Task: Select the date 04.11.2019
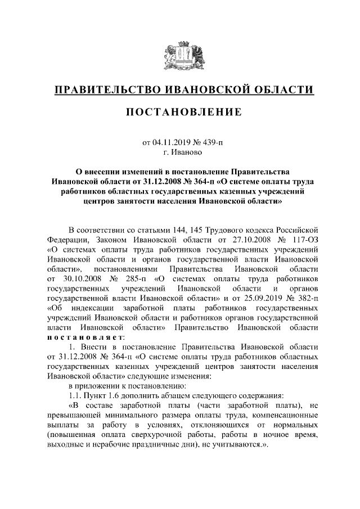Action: coord(171,143)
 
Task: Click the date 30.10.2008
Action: coord(79,278)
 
